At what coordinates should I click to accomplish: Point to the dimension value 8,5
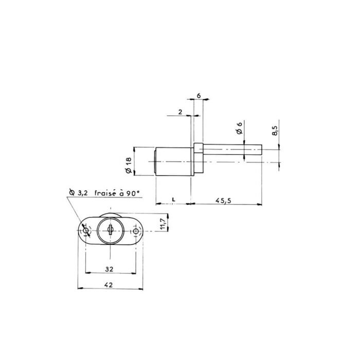(275, 131)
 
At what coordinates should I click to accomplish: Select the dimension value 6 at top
(199, 96)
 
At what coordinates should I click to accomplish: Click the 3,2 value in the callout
(83, 194)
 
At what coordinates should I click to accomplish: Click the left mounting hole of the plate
(86, 232)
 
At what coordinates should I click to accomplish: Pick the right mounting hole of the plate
(136, 232)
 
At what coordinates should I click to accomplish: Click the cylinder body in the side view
(174, 162)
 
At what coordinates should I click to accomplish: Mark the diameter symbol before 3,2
(71, 193)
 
